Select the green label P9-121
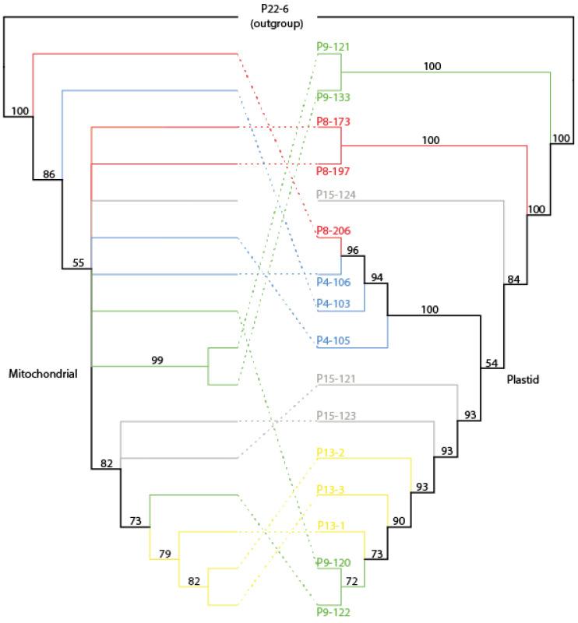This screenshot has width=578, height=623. pos(333,46)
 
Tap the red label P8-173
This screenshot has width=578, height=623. pos(333,121)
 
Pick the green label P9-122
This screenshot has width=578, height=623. pos(333,613)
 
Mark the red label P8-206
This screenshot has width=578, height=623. pos(333,231)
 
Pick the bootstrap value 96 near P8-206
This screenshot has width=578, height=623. pos(354,251)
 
